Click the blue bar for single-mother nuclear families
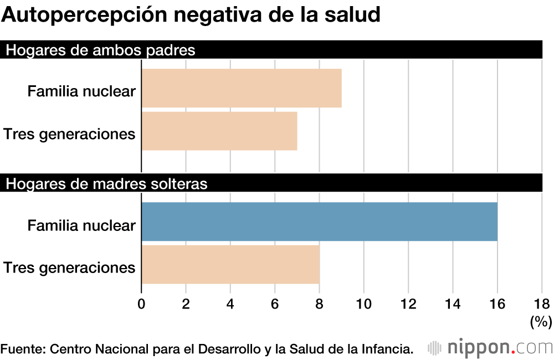[x=319, y=222]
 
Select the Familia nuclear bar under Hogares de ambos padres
[x=242, y=88]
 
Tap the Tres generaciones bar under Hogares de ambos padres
[x=219, y=131]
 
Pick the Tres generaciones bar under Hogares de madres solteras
[x=230, y=265]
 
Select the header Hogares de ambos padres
[x=100, y=50]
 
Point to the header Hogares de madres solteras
[x=106, y=184]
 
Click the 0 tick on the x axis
[x=141, y=304]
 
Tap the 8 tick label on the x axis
[x=319, y=304]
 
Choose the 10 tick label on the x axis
[x=363, y=304]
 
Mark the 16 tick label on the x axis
[x=497, y=304]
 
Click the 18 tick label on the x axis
[x=541, y=304]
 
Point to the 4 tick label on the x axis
[x=230, y=304]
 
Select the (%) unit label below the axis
[x=541, y=321]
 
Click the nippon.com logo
[x=490, y=348]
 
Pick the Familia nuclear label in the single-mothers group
[x=81, y=225]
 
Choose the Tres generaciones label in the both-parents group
[x=69, y=134]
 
